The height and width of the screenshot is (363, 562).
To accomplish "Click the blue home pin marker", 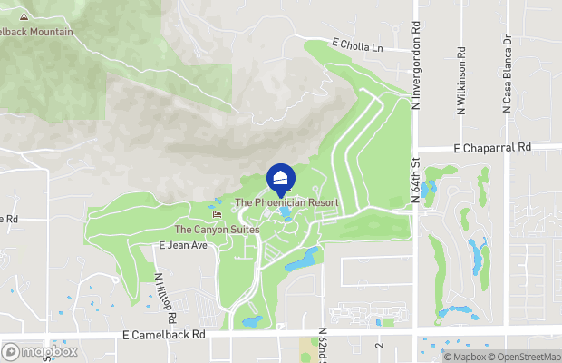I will [281, 177].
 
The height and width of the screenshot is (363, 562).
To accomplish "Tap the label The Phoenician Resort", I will [286, 202].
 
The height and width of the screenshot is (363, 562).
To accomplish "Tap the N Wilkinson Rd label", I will [461, 75].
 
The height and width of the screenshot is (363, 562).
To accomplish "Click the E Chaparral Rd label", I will [492, 147].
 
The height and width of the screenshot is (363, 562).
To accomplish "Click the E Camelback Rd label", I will [164, 334].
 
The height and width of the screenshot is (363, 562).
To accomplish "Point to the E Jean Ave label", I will [184, 245].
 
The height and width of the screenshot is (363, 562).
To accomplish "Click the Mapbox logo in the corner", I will [40, 352].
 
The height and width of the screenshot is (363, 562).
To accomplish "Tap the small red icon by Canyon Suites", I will [216, 215].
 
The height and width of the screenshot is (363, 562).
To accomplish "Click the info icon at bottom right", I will [434, 356].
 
